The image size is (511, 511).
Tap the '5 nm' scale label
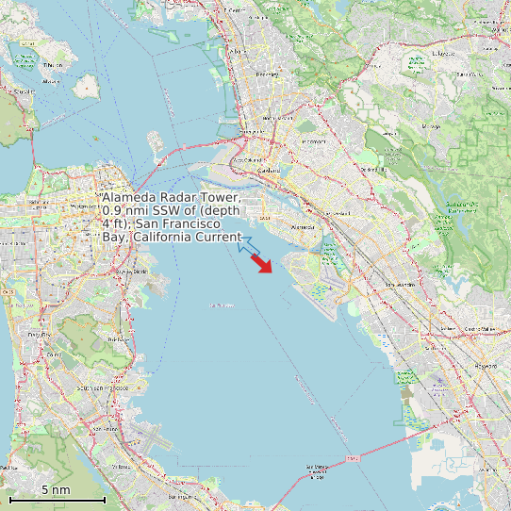(x=56, y=490)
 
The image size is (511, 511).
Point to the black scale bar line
(x=57, y=499)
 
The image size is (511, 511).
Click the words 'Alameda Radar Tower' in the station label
(x=171, y=197)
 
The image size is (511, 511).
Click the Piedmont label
(x=313, y=141)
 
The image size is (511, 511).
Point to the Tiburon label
(x=54, y=65)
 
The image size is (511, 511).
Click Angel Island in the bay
(x=87, y=86)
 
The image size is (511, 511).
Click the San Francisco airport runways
(x=146, y=438)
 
